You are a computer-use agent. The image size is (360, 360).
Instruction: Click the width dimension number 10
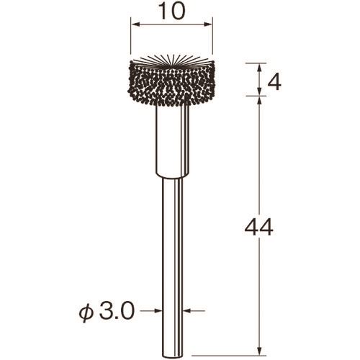pyautogui.click(x=172, y=12)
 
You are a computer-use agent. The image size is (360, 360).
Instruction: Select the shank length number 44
pyautogui.click(x=258, y=227)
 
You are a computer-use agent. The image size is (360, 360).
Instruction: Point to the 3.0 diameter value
pyautogui.click(x=116, y=310)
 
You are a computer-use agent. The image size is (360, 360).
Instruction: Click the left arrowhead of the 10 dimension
pyautogui.click(x=136, y=24)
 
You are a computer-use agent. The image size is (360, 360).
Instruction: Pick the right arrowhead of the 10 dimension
pyautogui.click(x=208, y=24)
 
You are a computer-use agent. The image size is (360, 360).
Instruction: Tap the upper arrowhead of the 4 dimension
pyautogui.click(x=259, y=68)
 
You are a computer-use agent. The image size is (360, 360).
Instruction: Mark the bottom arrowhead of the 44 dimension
pyautogui.click(x=259, y=351)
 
